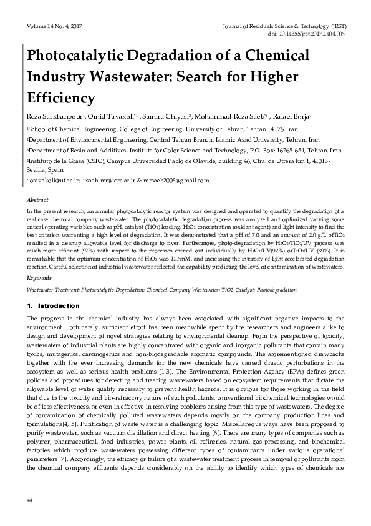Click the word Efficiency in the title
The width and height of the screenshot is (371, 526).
click(x=60, y=99)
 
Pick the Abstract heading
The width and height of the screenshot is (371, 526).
click(x=37, y=200)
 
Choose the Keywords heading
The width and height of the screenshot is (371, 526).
click(x=39, y=277)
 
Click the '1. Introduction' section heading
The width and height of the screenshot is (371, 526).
click(x=53, y=306)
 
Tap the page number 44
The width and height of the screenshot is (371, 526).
click(x=29, y=502)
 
